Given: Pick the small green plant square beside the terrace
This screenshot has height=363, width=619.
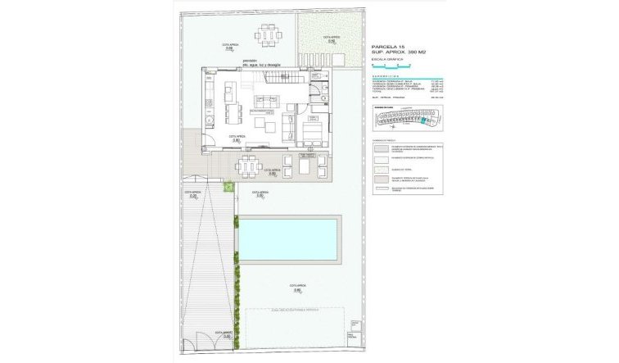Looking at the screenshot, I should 230,189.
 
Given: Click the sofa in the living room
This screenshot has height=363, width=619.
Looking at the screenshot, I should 287,127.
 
